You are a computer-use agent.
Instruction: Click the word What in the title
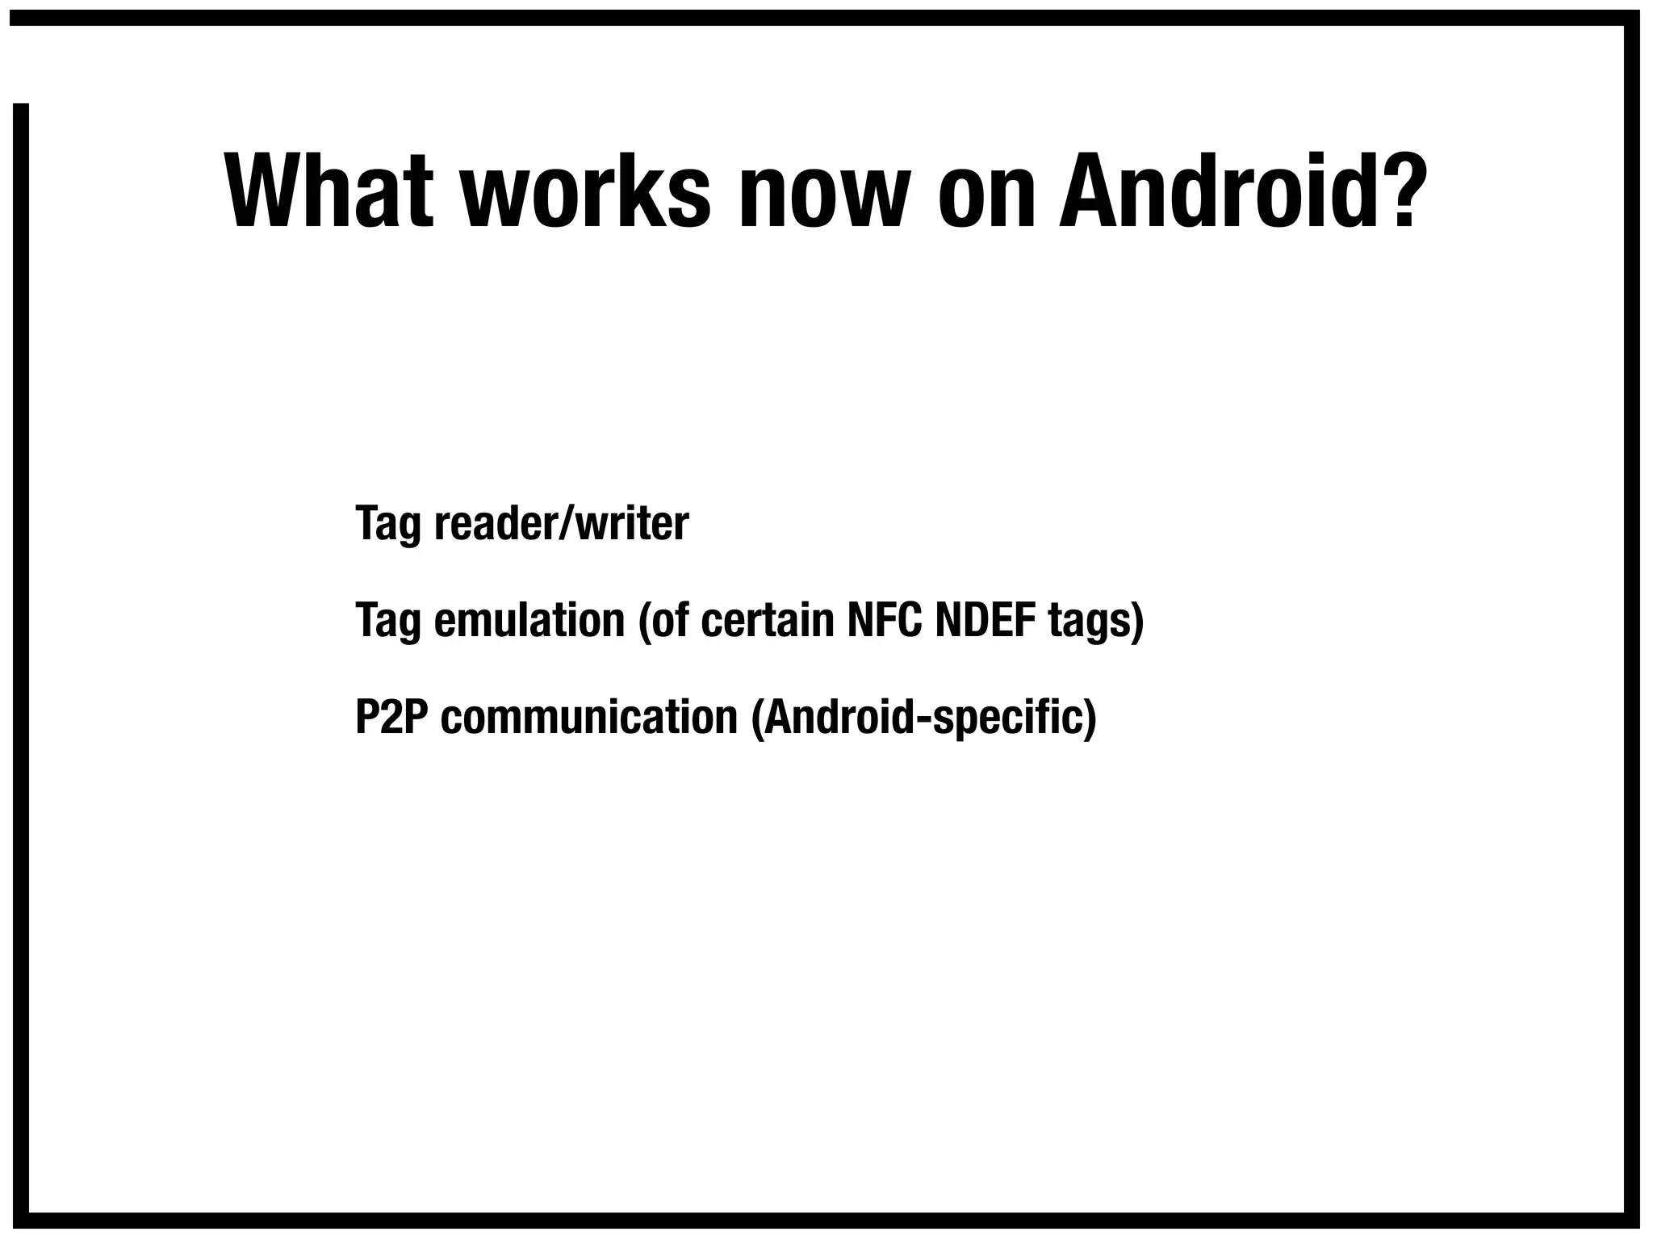click(x=329, y=191)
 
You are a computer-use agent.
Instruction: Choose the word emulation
click(x=529, y=620)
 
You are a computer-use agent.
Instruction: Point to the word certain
click(x=767, y=620)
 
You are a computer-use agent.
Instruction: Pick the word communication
click(x=589, y=717)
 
